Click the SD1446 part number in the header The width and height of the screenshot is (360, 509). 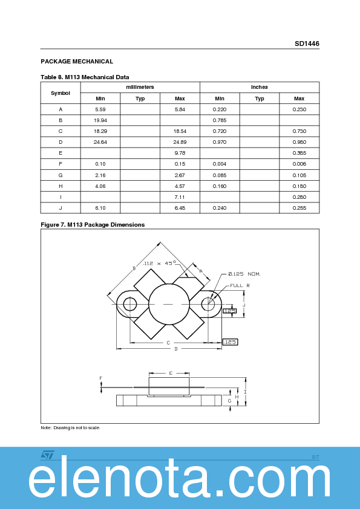coord(307,44)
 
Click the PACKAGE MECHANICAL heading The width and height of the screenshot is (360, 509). coord(77,62)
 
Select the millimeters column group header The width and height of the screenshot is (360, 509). coord(140,87)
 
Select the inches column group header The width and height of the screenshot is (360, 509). coord(259,87)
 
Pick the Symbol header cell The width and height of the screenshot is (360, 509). coord(61,93)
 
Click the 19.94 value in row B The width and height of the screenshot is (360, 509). coord(100,120)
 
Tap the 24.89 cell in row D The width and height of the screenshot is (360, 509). coord(180,142)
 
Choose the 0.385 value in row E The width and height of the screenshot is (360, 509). coord(299,153)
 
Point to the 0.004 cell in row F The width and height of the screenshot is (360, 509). coord(219,164)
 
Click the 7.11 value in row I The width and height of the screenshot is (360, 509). coord(180,197)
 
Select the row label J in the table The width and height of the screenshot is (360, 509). coord(61,208)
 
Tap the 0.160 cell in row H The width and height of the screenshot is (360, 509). coord(219,186)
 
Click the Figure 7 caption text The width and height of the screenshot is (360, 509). coord(93,225)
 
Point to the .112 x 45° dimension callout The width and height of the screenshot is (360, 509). coord(160,263)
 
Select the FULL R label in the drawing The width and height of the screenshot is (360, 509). coord(240,285)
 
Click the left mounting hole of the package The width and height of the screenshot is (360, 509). coord(129,303)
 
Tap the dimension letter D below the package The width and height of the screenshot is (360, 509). coord(176,349)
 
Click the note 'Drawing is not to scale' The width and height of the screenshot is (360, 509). coord(70,428)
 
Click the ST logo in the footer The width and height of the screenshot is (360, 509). coord(48,455)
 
